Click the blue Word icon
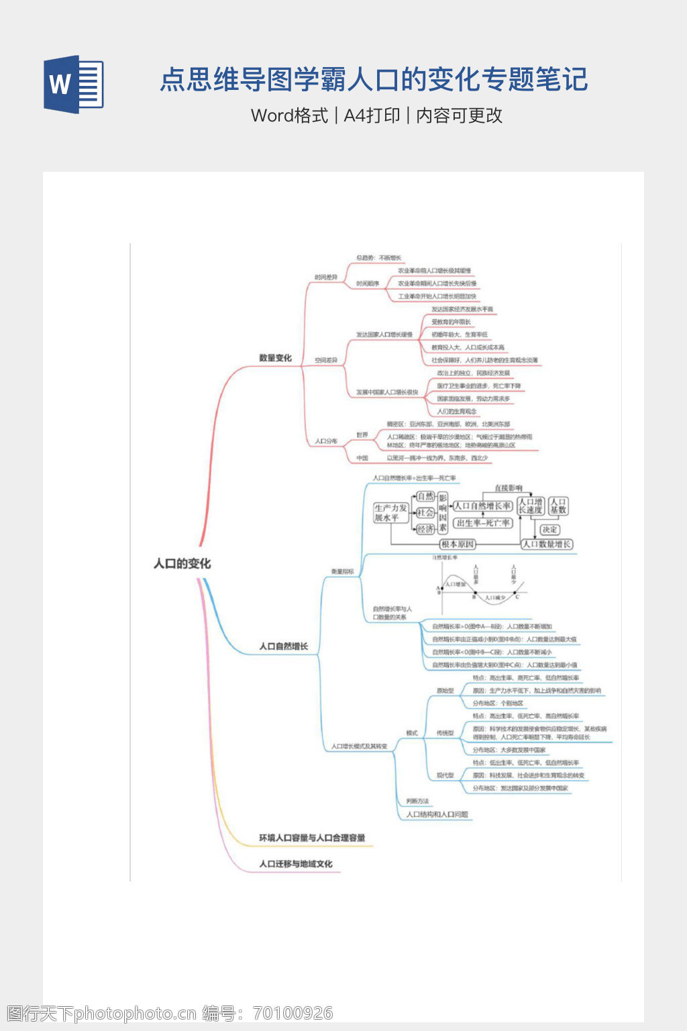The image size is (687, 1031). point(74,84)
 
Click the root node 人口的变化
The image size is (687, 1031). point(182,564)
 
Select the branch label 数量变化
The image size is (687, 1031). point(275,358)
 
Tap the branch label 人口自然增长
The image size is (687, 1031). point(283,646)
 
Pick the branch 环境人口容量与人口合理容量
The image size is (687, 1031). point(312,838)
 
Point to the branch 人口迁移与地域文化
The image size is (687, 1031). point(295,864)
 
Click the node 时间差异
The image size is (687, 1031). point(326,277)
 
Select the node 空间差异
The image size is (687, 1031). point(326,360)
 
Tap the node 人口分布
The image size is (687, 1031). point(326,442)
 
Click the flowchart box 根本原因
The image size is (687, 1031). point(458,544)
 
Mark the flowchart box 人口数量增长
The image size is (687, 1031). point(547,544)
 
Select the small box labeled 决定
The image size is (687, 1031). point(550,530)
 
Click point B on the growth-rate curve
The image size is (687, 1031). point(474,594)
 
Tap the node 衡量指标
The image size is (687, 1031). point(342,572)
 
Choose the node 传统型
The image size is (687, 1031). point(445,733)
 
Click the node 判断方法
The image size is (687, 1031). point(417,801)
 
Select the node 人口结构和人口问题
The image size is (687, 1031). point(437,814)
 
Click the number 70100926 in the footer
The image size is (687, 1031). point(293,1013)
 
